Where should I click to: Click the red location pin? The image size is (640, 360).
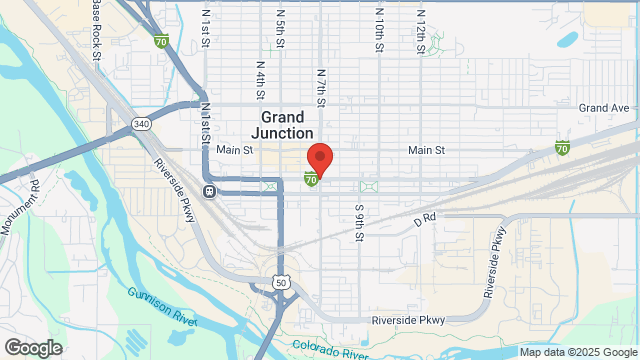tap(319, 159)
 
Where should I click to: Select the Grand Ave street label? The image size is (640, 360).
tap(604, 108)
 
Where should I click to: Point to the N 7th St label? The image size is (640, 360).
tap(321, 88)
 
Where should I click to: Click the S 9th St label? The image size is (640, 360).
tap(358, 222)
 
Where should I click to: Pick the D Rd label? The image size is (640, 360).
tap(426, 216)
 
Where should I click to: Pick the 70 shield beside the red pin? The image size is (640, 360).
tap(312, 179)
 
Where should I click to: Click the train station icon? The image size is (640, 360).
tap(209, 191)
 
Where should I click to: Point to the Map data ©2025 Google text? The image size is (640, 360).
tap(577, 352)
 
